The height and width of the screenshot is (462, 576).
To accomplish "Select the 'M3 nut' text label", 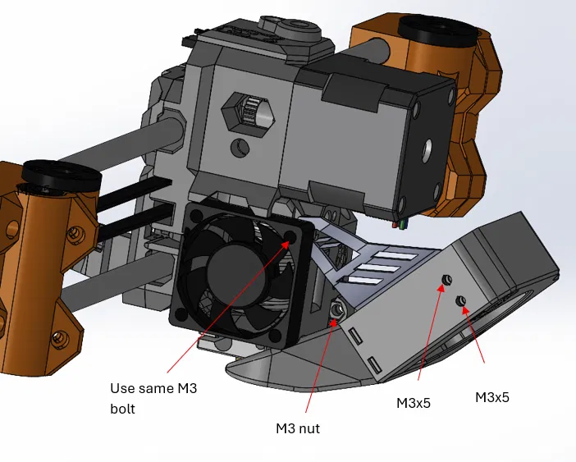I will tap(298, 428).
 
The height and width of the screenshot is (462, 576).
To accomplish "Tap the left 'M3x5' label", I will tap(414, 403).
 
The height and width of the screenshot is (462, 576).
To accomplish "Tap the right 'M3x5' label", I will tap(492, 396).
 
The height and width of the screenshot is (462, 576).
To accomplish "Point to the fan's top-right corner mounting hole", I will tap(291, 236).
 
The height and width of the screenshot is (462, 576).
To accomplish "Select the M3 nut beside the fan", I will tap(335, 309).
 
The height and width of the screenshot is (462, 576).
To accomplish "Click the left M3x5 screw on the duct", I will tap(446, 281).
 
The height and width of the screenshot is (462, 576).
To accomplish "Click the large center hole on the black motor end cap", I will tap(429, 149).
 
